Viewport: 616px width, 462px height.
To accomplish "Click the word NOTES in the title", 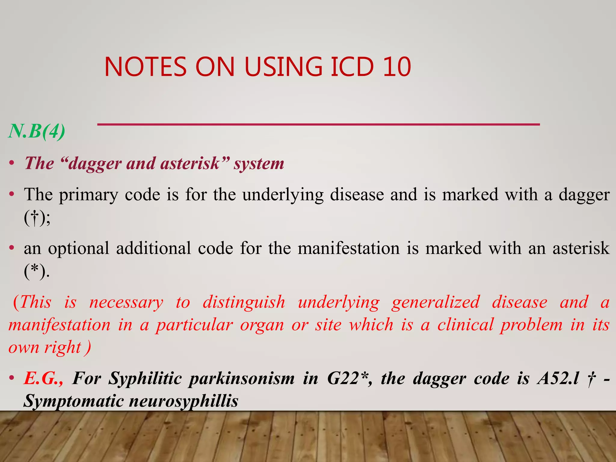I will [146, 66].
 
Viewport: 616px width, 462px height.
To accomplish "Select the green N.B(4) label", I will [37, 131].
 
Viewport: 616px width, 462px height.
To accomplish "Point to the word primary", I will [88, 195].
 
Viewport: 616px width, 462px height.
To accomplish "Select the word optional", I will [79, 248].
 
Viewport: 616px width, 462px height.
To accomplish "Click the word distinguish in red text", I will [244, 302].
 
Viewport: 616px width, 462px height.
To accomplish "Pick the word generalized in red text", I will [436, 302].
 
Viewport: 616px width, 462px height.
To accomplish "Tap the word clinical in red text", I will [465, 325].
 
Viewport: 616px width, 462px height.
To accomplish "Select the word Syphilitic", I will [145, 378].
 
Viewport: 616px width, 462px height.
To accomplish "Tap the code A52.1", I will [558, 378].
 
